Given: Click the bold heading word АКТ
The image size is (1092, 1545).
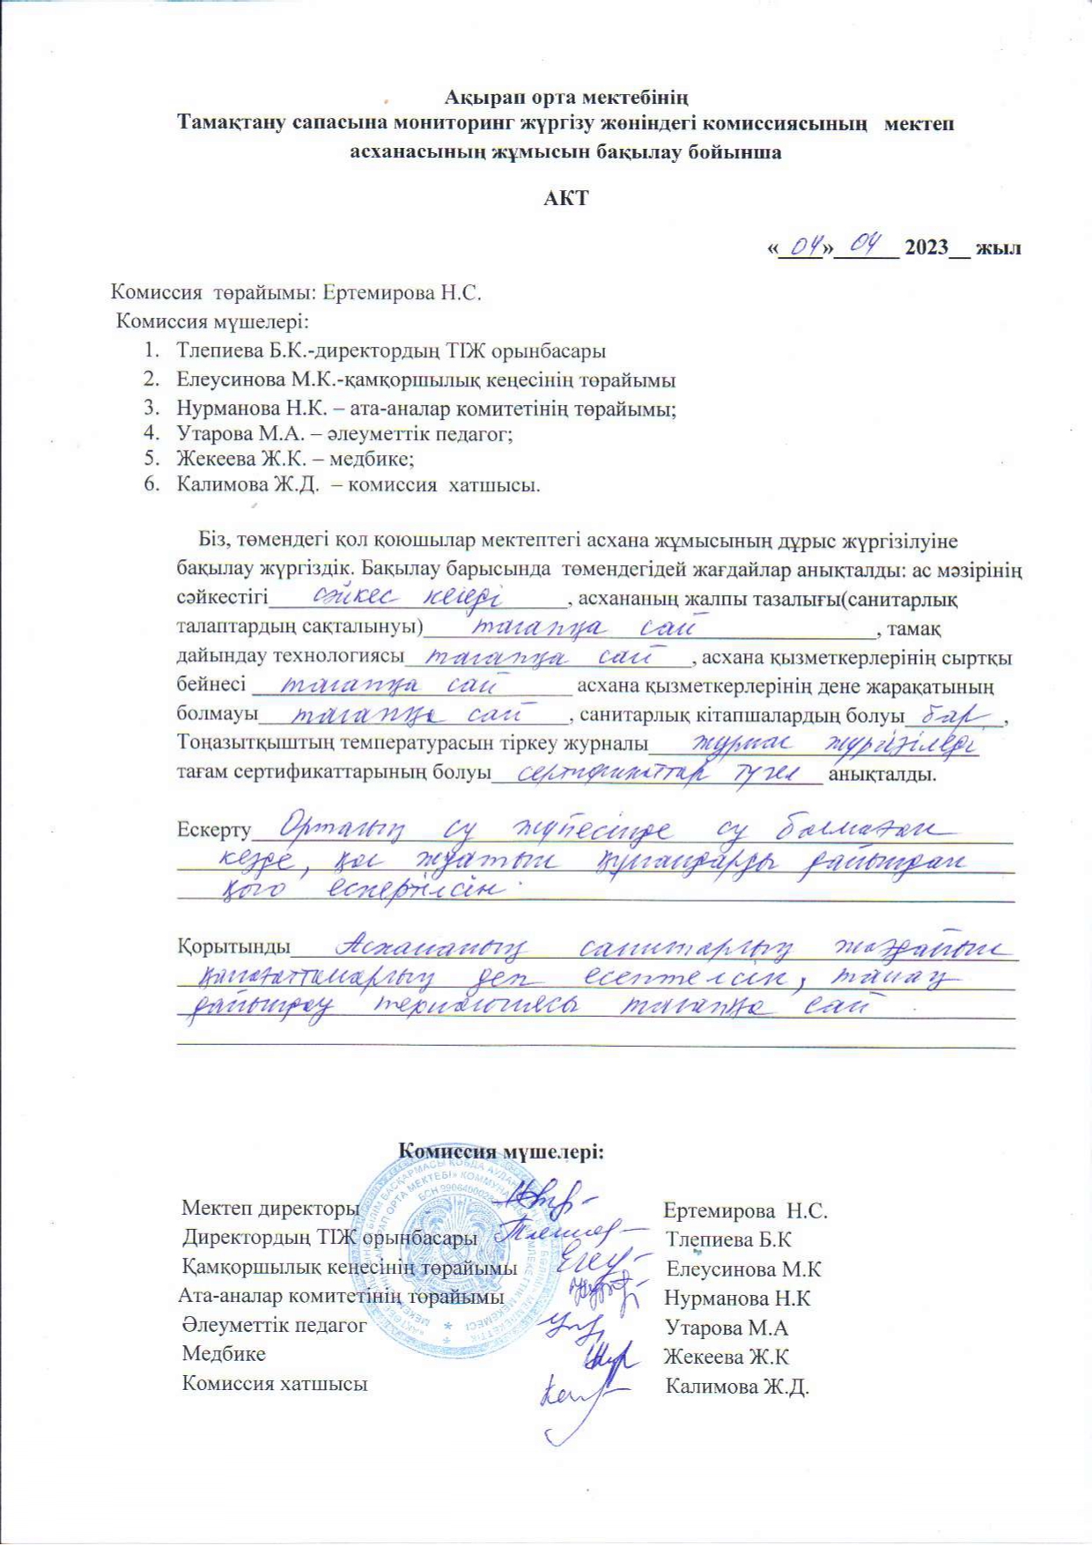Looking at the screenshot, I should [x=565, y=198].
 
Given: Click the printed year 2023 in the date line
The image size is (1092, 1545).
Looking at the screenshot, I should [x=926, y=247].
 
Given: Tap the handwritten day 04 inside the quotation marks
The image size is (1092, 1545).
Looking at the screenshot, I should [x=802, y=246].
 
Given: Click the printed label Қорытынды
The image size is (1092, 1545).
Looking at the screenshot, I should [x=234, y=946].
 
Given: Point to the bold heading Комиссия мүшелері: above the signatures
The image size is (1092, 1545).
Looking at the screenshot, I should [x=501, y=1151].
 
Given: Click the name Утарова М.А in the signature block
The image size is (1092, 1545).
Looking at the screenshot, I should [x=727, y=1328].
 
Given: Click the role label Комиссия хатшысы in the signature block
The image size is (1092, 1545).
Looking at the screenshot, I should [x=274, y=1384].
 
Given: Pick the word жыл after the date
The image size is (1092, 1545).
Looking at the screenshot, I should [x=1000, y=247].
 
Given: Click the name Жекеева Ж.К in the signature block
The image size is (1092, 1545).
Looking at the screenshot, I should [x=727, y=1357].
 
